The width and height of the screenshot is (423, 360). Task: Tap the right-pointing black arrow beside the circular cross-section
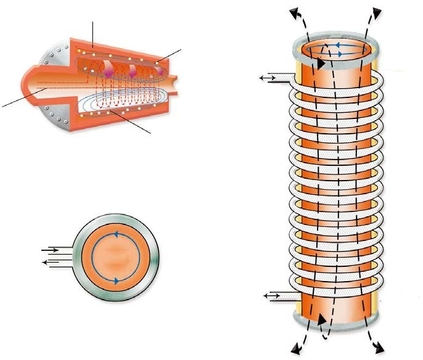click(50, 250)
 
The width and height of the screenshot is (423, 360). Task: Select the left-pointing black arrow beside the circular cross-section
click(49, 261)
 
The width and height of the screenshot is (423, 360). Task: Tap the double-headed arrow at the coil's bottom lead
click(272, 297)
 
